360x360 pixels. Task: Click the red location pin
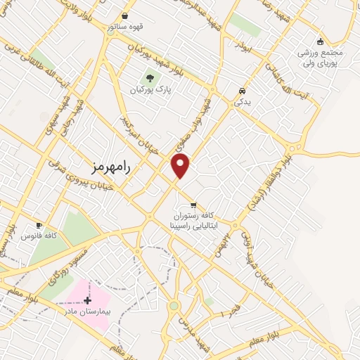tap(181, 167)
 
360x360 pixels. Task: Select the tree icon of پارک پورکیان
tap(149, 78)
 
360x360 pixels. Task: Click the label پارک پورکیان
tap(150, 91)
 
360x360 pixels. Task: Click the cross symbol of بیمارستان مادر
tap(86, 300)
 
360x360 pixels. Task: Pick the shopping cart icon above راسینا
tap(193, 205)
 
